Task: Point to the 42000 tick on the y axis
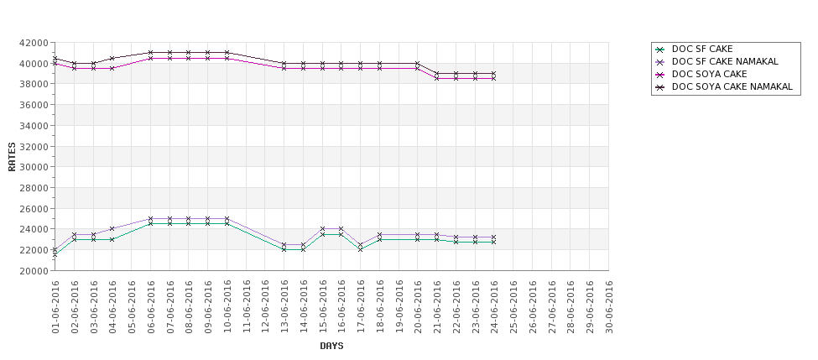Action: tap(33, 43)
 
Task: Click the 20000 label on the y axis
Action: tap(33, 271)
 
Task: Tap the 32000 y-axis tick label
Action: tap(33, 147)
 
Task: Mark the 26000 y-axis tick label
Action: tap(33, 209)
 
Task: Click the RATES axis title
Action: tap(12, 157)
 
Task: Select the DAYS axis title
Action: tap(331, 346)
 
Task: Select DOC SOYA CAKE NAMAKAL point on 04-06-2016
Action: tap(112, 59)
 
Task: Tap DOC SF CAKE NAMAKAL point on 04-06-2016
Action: tap(112, 229)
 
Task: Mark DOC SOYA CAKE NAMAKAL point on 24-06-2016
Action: tap(494, 74)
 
